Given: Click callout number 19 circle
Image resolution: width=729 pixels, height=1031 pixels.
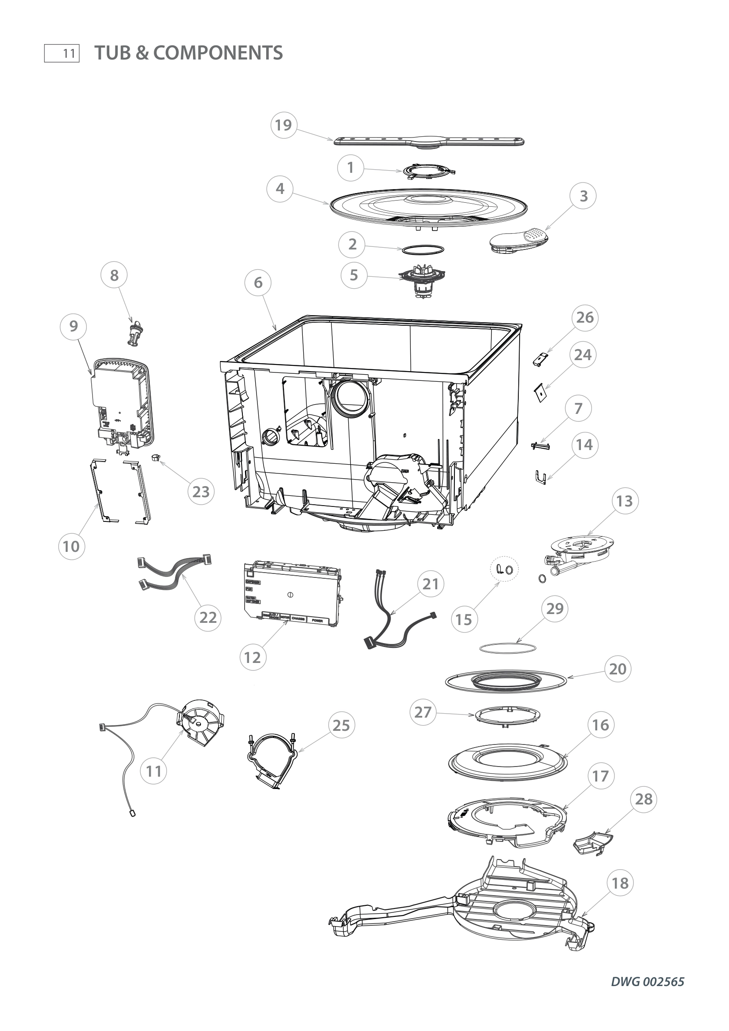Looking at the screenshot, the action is (x=283, y=125).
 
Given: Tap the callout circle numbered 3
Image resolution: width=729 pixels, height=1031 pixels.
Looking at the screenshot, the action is (x=583, y=196).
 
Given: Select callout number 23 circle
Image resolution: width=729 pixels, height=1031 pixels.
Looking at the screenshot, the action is (x=201, y=492).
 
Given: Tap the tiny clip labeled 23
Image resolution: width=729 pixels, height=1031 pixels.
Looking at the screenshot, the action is (x=156, y=458).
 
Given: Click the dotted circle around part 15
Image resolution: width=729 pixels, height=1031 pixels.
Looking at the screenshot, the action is (x=504, y=569).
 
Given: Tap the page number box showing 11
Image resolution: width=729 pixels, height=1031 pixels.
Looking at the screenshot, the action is (x=62, y=53).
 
